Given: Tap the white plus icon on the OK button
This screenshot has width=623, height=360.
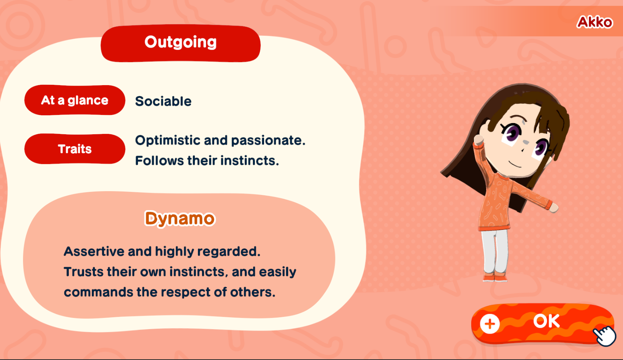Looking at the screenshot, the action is pyautogui.click(x=490, y=324).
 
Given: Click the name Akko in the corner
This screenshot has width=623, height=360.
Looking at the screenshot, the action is pyautogui.click(x=595, y=22).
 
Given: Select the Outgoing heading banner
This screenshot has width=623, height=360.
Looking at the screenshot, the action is pyautogui.click(x=180, y=43).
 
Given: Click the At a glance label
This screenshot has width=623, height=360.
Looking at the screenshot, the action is pyautogui.click(x=74, y=100).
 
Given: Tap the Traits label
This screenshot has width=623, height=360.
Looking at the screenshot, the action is pyautogui.click(x=74, y=149).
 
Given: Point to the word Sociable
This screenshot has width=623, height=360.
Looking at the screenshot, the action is pyautogui.click(x=163, y=101).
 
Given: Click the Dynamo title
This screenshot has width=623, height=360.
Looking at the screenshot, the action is pyautogui.click(x=180, y=219).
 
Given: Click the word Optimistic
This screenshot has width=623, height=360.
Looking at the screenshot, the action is pyautogui.click(x=168, y=140).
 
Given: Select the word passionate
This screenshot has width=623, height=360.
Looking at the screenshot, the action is pyautogui.click(x=268, y=141).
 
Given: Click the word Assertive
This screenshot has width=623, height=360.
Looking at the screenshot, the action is pyautogui.click(x=94, y=251).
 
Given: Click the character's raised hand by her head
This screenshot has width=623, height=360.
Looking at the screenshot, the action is pyautogui.click(x=479, y=139).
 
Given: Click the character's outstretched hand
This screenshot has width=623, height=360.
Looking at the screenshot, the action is pyautogui.click(x=554, y=208).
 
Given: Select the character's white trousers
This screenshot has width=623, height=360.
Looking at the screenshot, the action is pyautogui.click(x=495, y=251).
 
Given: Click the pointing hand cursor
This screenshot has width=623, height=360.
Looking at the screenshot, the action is pyautogui.click(x=605, y=336).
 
